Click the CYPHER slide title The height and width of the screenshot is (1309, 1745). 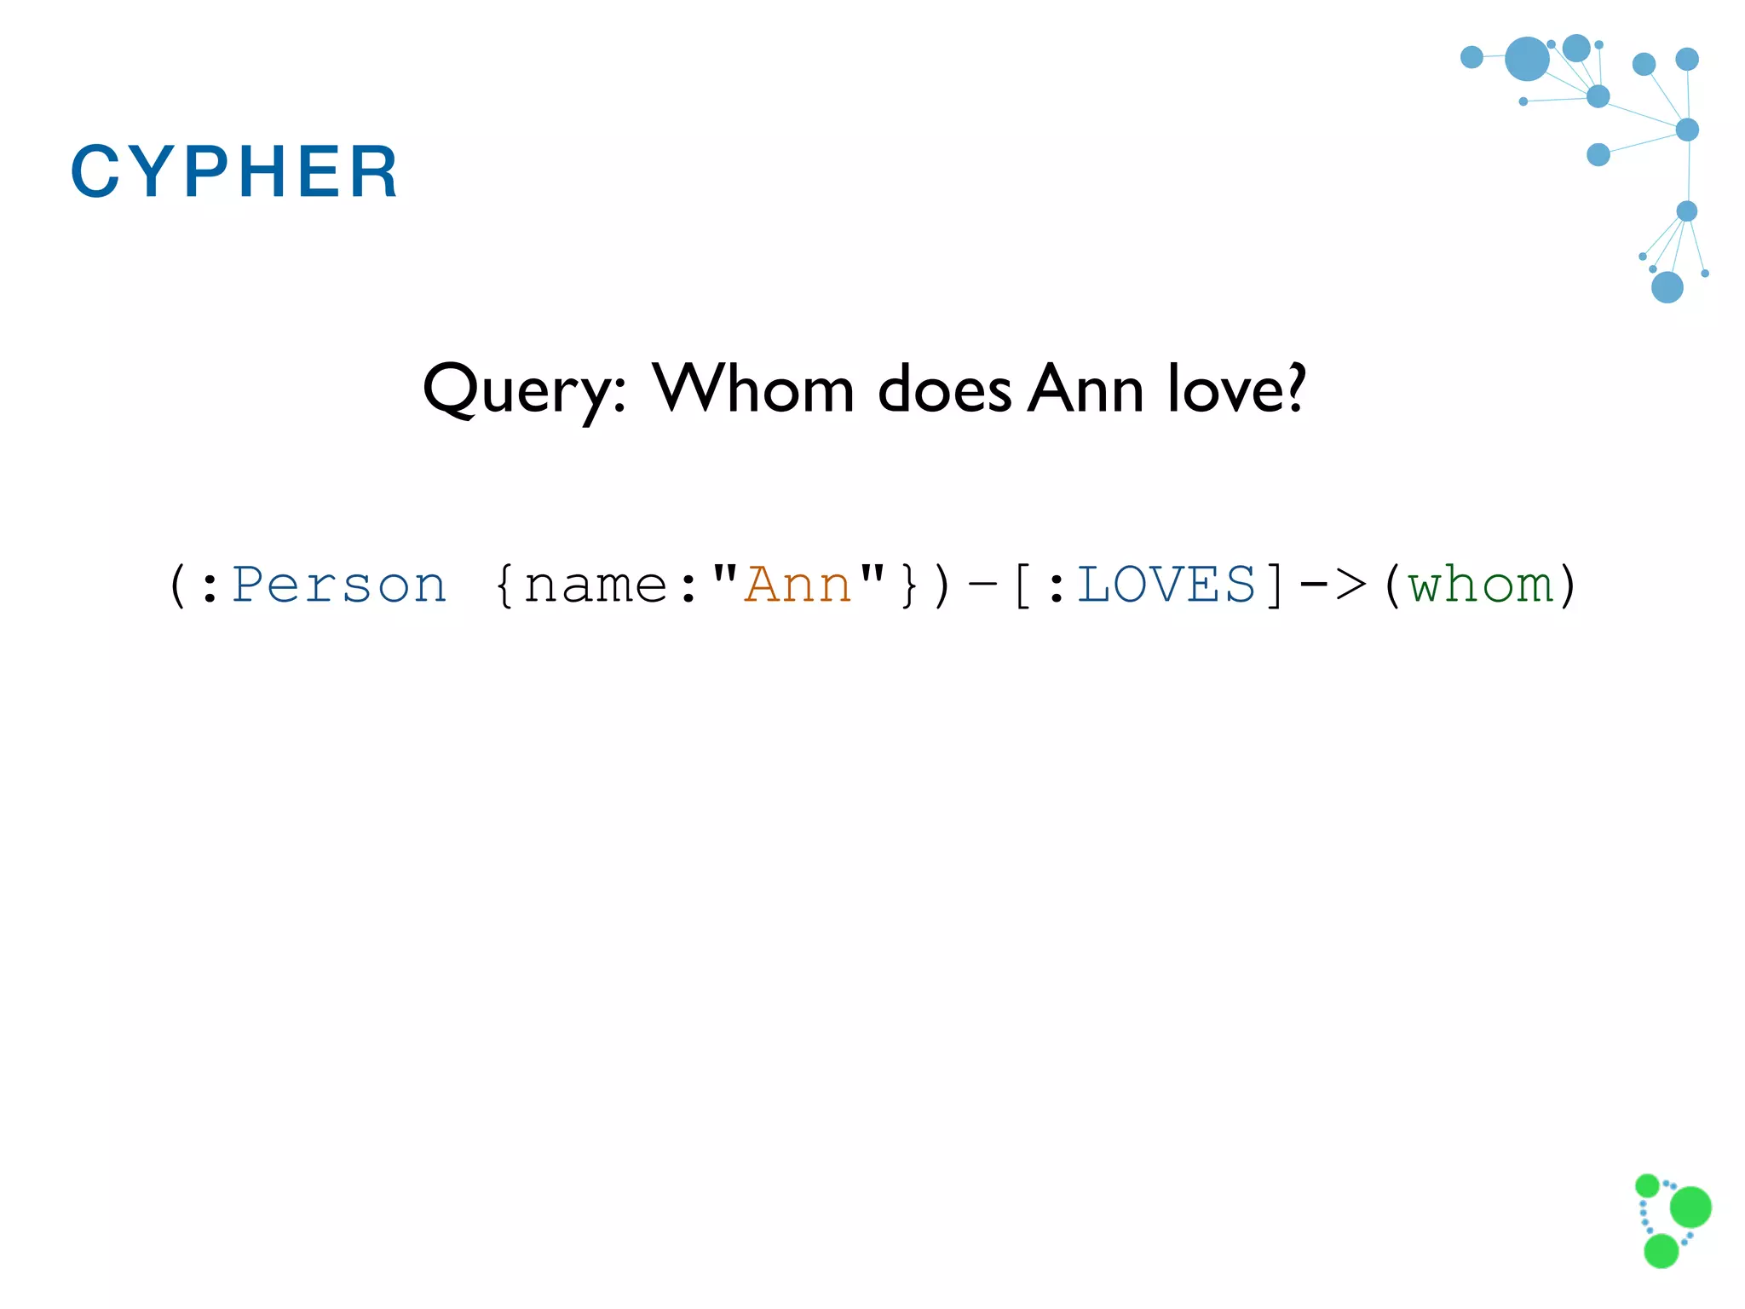click(x=234, y=171)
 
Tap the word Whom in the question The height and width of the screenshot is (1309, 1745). click(x=753, y=389)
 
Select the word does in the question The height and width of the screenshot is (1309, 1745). click(x=944, y=389)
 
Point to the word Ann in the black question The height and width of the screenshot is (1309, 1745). click(x=1085, y=389)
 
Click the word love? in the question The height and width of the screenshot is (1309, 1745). click(x=1236, y=389)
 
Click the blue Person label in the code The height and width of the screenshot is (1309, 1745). click(x=339, y=585)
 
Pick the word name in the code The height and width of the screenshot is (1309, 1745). click(x=596, y=585)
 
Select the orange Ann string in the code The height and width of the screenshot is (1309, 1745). click(x=798, y=585)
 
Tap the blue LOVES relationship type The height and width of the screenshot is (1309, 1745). click(x=1166, y=585)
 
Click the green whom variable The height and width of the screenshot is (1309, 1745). click(x=1481, y=585)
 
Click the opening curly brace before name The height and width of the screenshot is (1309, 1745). click(x=504, y=585)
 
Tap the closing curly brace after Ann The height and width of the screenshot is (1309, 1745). click(x=908, y=585)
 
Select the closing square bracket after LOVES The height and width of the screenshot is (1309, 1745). click(x=1274, y=585)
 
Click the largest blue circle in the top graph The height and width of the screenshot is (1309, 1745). click(x=1527, y=59)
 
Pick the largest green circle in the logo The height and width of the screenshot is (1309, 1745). click(x=1690, y=1207)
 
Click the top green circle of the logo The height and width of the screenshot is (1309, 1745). click(x=1647, y=1185)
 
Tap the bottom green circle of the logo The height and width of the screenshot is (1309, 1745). click(x=1661, y=1251)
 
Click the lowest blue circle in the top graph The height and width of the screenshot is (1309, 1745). click(x=1667, y=287)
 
